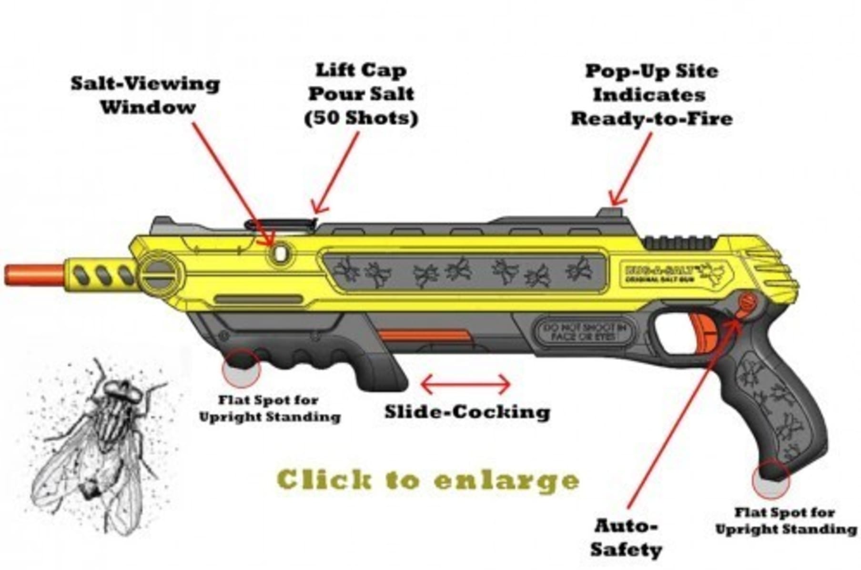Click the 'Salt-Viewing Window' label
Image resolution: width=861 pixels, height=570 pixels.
146,95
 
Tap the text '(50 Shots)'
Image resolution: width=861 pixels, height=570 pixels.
361,118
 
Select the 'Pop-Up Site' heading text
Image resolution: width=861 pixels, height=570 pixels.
651,71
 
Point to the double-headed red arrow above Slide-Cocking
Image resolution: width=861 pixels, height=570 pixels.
466,384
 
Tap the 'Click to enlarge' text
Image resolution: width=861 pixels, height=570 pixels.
427,480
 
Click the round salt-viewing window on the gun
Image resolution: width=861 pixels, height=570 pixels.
280,253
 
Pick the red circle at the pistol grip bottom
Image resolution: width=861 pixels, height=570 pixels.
770,479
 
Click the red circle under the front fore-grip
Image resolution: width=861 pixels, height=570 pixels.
242,367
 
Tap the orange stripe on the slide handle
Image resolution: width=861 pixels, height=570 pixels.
425,336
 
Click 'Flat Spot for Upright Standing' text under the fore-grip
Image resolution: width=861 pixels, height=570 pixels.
269,408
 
